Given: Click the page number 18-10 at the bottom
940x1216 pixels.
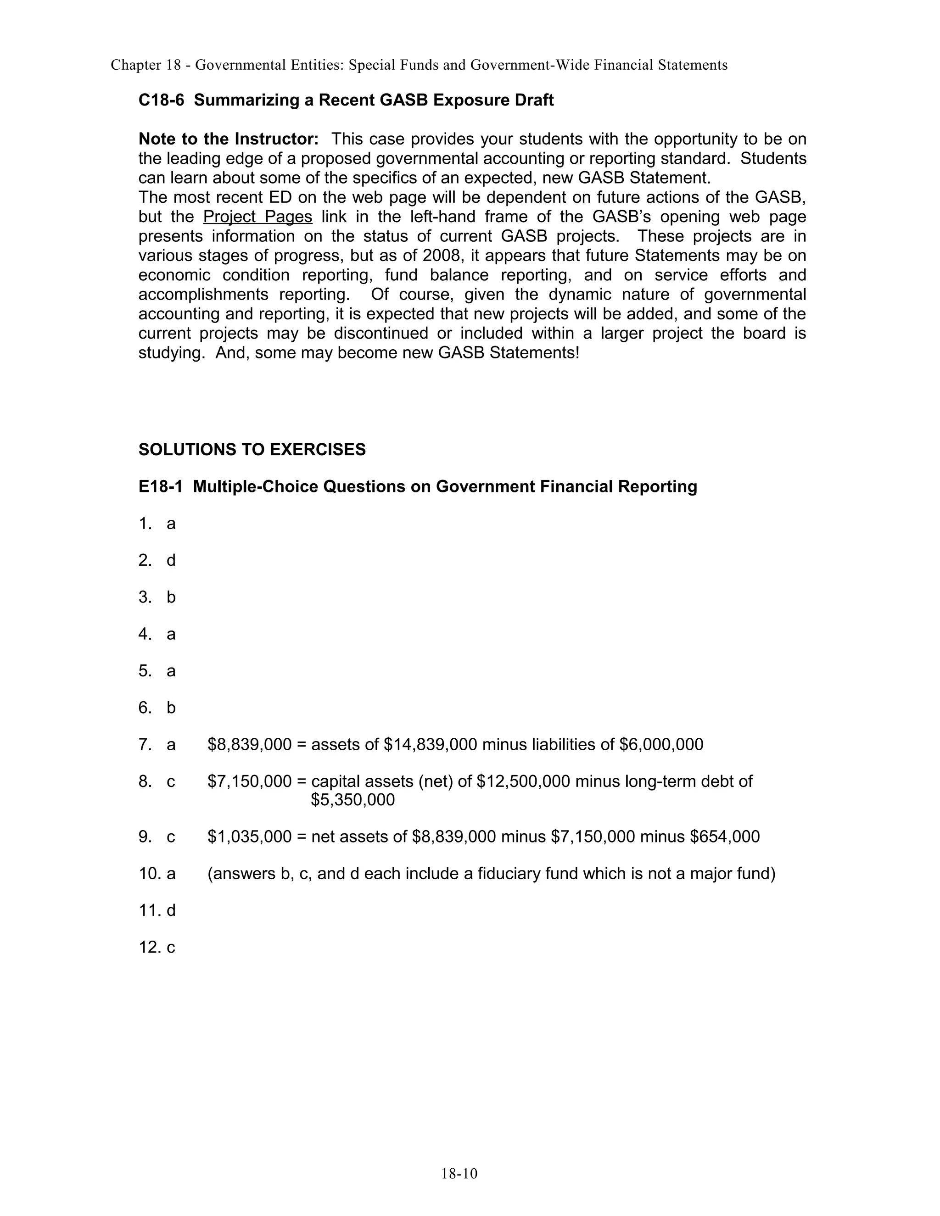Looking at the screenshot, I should pos(459,1174).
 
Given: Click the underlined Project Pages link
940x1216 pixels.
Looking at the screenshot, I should pos(258,217).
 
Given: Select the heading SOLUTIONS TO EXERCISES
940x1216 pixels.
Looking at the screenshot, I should pos(252,449).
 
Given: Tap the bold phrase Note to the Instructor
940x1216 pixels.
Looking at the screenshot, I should pos(228,139).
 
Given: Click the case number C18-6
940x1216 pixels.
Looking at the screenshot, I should pos(161,100).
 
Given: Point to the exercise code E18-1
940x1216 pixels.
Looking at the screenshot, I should pos(160,486).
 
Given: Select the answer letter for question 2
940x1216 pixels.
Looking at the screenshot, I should pos(171,561).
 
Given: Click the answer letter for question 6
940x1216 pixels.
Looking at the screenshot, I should pos(171,708).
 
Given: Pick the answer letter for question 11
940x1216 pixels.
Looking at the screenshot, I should pos(171,910).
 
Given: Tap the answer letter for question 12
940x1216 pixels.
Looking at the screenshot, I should pos(171,948).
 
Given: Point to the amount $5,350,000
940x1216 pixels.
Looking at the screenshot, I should pos(352,800).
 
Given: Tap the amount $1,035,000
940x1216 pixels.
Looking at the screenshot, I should pos(250,837).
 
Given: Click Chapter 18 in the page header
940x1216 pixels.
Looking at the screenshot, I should pos(146,65).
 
